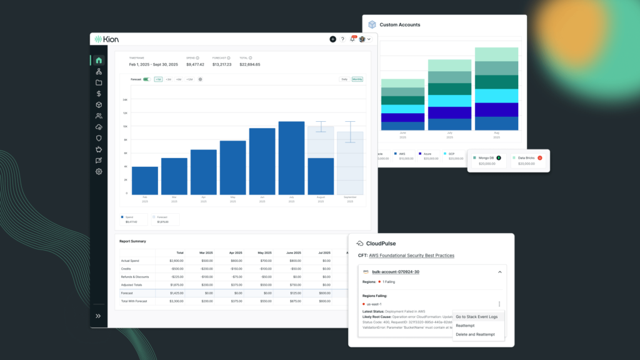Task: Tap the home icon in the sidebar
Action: pyautogui.click(x=99, y=61)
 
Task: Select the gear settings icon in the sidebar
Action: pyautogui.click(x=99, y=171)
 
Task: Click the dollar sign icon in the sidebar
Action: pyautogui.click(x=99, y=94)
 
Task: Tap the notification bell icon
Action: pyautogui.click(x=352, y=39)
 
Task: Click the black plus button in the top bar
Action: pyautogui.click(x=332, y=39)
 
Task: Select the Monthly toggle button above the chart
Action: pyautogui.click(x=357, y=79)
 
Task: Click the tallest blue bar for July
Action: pyautogui.click(x=291, y=157)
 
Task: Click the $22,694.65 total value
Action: pyautogui.click(x=250, y=64)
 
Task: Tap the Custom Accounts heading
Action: pyautogui.click(x=399, y=25)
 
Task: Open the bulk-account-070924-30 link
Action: pyautogui.click(x=395, y=272)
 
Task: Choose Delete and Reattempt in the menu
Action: pyautogui.click(x=475, y=334)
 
